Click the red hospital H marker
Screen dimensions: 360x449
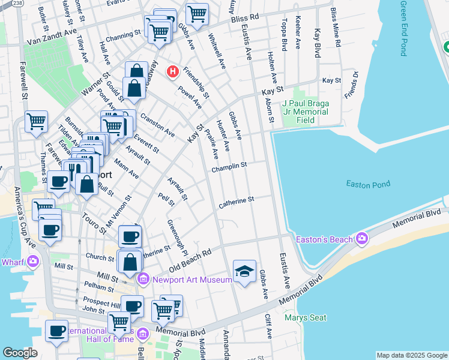coord(173,72)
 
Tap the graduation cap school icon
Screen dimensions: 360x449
coord(244,272)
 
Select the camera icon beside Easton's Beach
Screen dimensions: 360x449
coord(361,239)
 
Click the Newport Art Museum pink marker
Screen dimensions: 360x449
coord(143,279)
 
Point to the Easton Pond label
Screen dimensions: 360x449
coord(368,184)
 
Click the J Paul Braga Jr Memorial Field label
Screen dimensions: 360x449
coord(306,112)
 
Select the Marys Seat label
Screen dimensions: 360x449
coord(306,317)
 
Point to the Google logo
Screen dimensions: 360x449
coord(20,353)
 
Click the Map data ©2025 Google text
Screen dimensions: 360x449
coord(412,355)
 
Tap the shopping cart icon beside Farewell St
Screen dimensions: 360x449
coord(36,121)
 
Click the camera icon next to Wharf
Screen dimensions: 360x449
coord(32,261)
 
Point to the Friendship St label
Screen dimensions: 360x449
coord(196,82)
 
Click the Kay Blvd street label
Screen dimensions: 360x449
coord(318,41)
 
